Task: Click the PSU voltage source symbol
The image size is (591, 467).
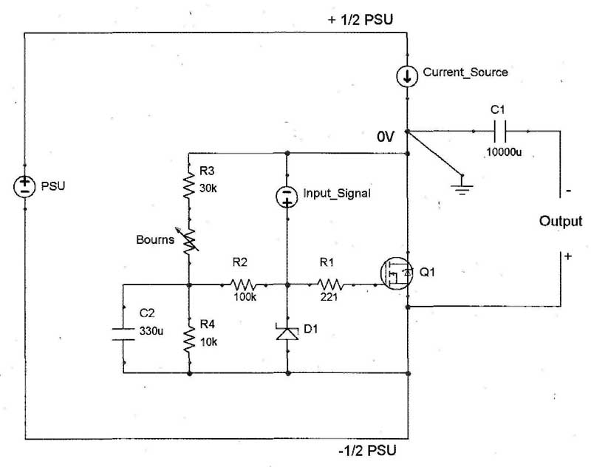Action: [24, 186]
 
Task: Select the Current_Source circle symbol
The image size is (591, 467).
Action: [407, 76]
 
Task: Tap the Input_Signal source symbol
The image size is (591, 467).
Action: [287, 197]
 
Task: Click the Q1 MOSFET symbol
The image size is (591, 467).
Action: [397, 273]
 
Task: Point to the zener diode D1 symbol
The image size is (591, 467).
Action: [287, 332]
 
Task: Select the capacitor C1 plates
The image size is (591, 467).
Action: [500, 132]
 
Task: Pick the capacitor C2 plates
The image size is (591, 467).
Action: [123, 334]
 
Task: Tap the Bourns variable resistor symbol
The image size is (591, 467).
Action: [188, 239]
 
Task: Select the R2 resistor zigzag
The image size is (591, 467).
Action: [244, 284]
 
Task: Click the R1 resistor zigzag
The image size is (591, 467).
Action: [330, 284]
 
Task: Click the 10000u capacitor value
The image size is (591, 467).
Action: [504, 152]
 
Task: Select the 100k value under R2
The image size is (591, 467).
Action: [245, 297]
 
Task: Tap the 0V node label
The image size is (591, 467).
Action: [386, 137]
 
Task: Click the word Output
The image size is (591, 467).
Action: [561, 221]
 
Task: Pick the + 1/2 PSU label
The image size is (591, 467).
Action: [361, 20]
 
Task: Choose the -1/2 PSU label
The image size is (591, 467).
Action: [367, 451]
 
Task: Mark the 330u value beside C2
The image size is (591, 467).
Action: [151, 331]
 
